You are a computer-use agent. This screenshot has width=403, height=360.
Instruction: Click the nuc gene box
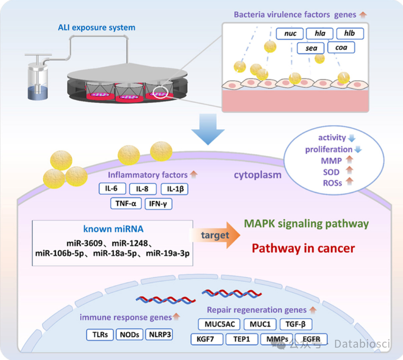click(x=290, y=34)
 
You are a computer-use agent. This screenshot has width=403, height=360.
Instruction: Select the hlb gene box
click(x=350, y=34)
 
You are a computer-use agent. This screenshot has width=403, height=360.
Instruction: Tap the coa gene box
click(x=341, y=47)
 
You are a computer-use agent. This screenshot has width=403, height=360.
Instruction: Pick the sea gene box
click(x=311, y=48)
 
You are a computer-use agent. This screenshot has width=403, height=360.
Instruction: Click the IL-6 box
click(x=112, y=189)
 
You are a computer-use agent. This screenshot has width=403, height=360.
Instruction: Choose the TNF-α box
click(x=126, y=204)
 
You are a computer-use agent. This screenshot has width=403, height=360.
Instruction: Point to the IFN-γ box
click(x=158, y=204)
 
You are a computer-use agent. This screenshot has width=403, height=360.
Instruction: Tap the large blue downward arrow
click(x=208, y=129)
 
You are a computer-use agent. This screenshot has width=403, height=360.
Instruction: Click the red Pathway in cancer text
click(x=303, y=248)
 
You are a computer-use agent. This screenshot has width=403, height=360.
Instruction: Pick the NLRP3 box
click(x=159, y=335)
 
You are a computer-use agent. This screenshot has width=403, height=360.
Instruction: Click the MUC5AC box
click(x=219, y=324)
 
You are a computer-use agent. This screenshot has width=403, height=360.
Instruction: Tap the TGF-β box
click(x=296, y=324)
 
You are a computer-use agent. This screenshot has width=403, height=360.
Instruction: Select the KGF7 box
click(x=207, y=339)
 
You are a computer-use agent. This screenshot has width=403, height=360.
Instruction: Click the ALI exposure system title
click(x=97, y=28)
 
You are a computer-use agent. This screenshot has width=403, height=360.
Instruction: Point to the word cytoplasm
click(x=257, y=175)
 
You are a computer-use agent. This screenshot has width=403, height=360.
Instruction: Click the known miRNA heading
click(x=113, y=229)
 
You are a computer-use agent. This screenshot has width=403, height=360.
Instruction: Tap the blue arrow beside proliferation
click(x=358, y=149)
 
